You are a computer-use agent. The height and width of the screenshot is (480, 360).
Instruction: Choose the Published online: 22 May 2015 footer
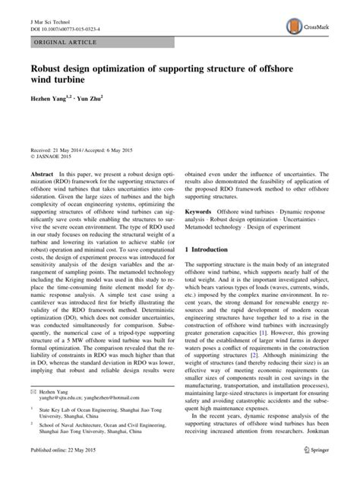point(57,472)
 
